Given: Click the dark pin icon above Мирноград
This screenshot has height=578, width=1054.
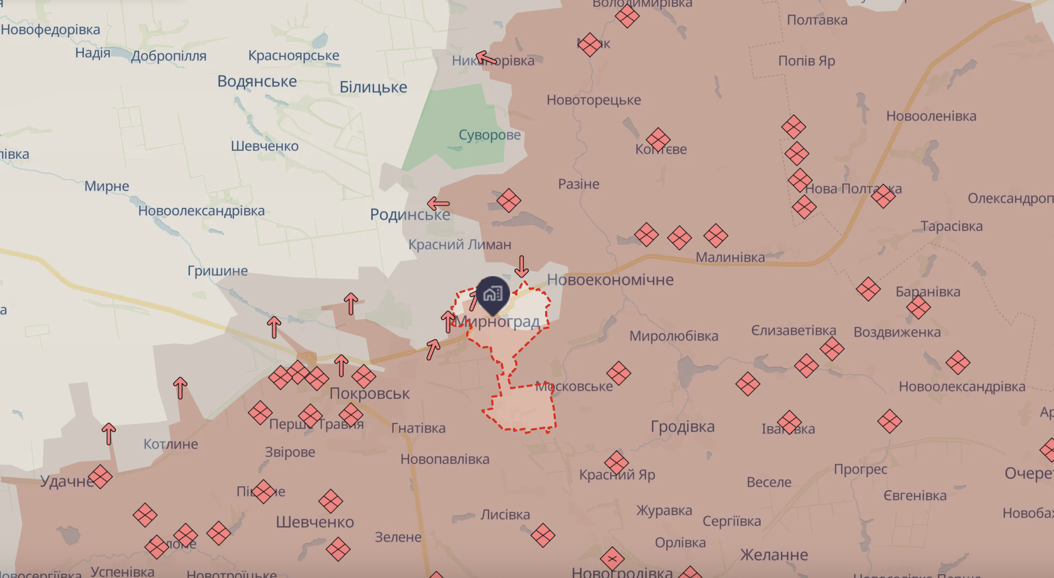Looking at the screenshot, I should (492, 294).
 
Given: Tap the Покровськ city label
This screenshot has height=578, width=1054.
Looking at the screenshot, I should (369, 394).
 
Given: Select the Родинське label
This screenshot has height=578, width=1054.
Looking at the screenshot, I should (410, 214).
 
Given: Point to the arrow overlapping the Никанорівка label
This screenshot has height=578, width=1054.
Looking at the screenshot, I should (486, 58).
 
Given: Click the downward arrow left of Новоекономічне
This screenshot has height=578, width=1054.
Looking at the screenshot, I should (522, 266).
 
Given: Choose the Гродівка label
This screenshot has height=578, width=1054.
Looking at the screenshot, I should (682, 427).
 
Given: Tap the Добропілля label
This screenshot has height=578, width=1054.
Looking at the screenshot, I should (169, 56).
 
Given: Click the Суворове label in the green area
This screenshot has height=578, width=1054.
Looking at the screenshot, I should (490, 135).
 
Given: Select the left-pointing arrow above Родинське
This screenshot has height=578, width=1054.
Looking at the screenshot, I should (438, 203).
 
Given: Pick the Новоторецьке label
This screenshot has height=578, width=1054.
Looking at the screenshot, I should (594, 100).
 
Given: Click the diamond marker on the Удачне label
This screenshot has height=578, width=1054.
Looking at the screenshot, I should (100, 477).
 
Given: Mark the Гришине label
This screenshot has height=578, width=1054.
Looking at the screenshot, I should (218, 271).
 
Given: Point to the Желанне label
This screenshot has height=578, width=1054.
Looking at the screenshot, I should (773, 555).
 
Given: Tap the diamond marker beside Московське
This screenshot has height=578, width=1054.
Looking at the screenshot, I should (619, 373).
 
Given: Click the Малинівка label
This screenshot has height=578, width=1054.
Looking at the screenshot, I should (730, 258).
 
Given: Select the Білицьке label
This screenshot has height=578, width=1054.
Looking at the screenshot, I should (373, 87).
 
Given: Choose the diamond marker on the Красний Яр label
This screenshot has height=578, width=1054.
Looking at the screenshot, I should (617, 463).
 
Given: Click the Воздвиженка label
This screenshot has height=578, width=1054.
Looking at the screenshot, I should (897, 332).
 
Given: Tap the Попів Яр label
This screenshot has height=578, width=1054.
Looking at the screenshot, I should (807, 61).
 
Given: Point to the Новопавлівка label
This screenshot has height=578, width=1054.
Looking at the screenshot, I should (445, 459).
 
